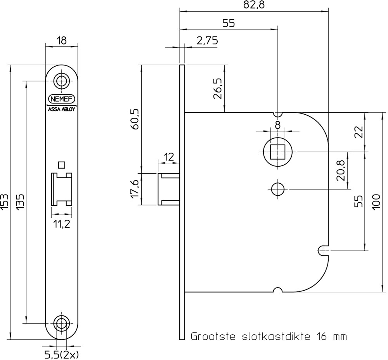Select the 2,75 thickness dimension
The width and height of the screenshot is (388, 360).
pos(207,41)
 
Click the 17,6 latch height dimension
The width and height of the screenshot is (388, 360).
pos(135,189)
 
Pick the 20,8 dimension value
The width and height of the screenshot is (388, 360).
pos(341,170)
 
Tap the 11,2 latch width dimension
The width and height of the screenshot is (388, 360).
pos(62,224)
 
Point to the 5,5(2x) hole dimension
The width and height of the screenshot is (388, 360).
pos(62,354)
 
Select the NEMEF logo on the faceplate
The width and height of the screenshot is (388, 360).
pos(62,99)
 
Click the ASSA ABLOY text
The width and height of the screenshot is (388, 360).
pos(62,109)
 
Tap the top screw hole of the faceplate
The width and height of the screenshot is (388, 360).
pos(62,81)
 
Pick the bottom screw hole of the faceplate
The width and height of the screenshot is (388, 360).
pos(62,323)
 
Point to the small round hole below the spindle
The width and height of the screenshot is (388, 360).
pos(277,189)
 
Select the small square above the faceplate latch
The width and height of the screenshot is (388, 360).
pos(61,165)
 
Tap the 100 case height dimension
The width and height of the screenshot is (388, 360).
pos(376,202)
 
